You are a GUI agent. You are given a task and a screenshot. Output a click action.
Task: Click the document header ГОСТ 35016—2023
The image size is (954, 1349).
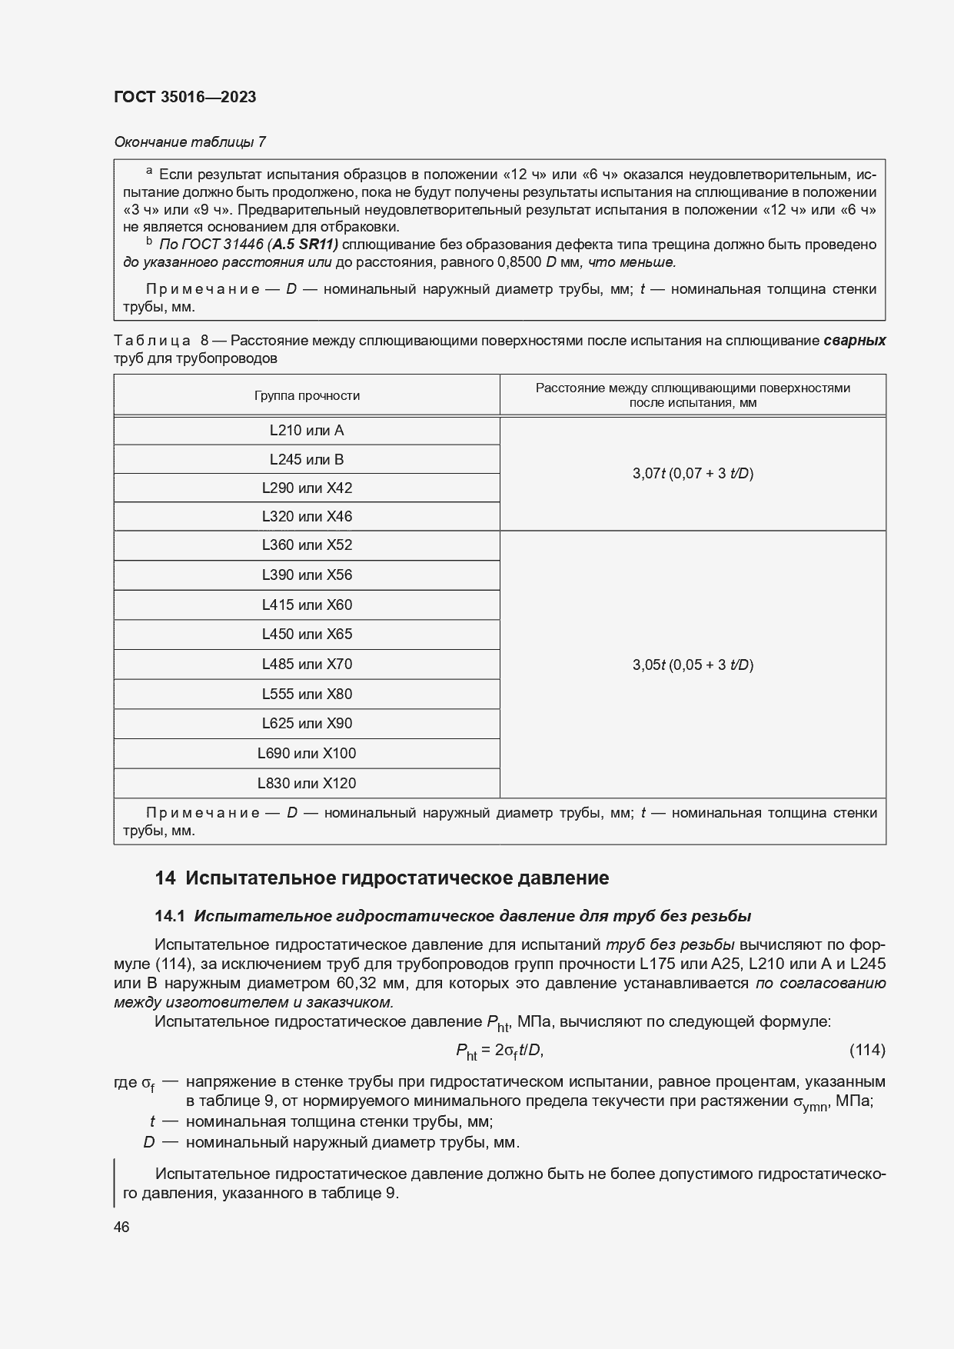(x=184, y=97)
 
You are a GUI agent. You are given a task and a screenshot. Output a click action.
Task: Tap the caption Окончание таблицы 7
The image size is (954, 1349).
(x=190, y=142)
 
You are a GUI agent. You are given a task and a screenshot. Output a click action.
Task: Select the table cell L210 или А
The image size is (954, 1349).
(x=307, y=431)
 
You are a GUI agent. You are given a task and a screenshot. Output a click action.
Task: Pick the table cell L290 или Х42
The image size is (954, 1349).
(x=307, y=488)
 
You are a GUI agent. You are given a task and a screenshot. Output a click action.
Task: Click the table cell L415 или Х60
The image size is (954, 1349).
(x=307, y=605)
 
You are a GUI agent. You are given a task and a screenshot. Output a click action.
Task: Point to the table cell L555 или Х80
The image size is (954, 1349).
(x=307, y=694)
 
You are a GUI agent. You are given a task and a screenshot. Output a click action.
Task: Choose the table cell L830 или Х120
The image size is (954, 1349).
(x=307, y=784)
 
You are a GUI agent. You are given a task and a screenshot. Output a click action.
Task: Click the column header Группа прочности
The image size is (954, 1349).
(x=307, y=395)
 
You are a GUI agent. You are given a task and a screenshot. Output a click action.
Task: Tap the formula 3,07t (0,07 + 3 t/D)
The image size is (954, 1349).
(x=693, y=474)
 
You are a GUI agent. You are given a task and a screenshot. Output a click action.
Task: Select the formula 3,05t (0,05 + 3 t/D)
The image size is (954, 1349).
(x=693, y=665)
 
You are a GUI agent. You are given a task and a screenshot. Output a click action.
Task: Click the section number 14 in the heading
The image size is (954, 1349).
(x=165, y=878)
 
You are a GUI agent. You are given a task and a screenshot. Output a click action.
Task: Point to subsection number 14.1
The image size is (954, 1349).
(x=170, y=916)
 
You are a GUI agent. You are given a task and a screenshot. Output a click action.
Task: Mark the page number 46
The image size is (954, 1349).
(x=121, y=1227)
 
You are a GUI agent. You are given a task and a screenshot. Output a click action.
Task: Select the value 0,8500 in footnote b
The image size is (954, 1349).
(x=519, y=262)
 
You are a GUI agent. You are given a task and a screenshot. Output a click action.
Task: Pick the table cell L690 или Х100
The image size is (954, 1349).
(x=307, y=754)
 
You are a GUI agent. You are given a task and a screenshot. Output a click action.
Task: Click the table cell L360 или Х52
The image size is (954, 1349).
(x=307, y=545)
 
